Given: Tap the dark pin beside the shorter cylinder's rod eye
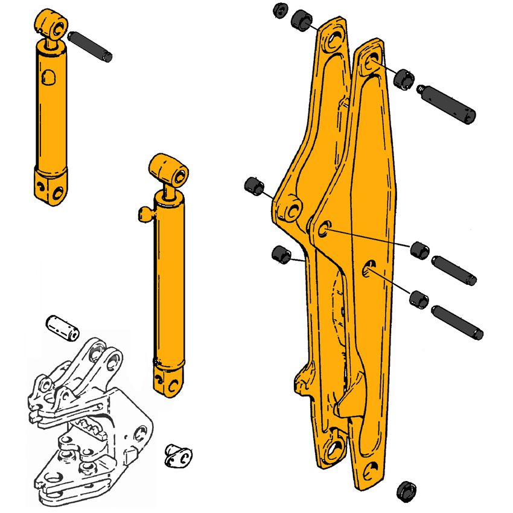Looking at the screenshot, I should (91, 46).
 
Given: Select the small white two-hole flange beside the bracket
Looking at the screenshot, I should (177, 456).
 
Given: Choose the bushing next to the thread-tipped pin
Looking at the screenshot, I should (403, 77).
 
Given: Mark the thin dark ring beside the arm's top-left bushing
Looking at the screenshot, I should (279, 11).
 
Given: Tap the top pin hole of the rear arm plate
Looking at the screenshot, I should (333, 42).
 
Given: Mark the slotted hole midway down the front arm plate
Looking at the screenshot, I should (369, 267).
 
